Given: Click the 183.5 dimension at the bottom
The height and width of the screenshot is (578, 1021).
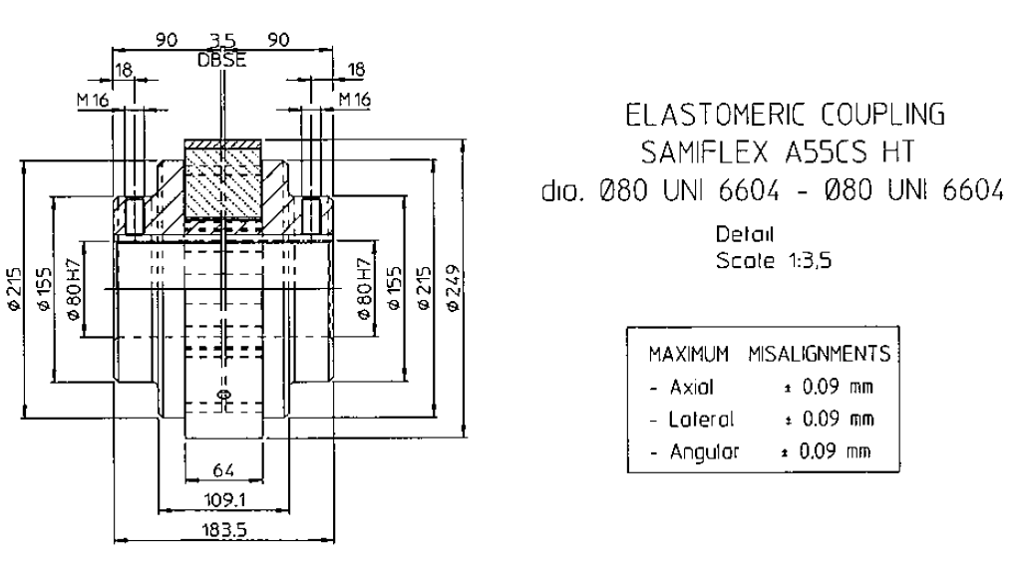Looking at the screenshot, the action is pos(223,530).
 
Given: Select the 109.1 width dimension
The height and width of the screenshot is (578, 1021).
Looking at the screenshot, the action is pos(223,500).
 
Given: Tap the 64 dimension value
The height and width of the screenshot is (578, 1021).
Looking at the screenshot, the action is pos(223,470).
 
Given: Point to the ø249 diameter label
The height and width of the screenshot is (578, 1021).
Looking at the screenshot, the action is pos(454,288).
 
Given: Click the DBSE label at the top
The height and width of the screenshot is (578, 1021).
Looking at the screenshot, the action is pos(222,61).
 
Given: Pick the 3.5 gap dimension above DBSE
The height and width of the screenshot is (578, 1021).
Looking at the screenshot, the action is pos(222,42).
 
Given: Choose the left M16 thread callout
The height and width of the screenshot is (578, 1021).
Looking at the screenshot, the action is pos(93,100).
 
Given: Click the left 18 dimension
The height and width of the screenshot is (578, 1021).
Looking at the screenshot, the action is pos(123,71).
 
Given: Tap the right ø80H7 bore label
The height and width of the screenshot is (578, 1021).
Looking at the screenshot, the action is pos(365,289).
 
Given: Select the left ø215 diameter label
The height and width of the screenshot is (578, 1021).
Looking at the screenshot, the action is pos(14,288).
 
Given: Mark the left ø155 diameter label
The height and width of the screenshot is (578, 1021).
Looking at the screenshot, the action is pos(43,288).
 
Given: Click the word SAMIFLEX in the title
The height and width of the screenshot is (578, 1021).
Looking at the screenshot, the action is pos(705,152).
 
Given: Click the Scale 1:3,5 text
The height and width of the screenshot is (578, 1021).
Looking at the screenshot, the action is pos(774,260).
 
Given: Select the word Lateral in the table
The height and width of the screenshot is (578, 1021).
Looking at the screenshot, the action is pos(701,420).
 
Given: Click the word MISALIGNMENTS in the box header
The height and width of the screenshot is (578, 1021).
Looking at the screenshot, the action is pos(820,354).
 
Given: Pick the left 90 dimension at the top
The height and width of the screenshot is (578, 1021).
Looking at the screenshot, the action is pos(167,40).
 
